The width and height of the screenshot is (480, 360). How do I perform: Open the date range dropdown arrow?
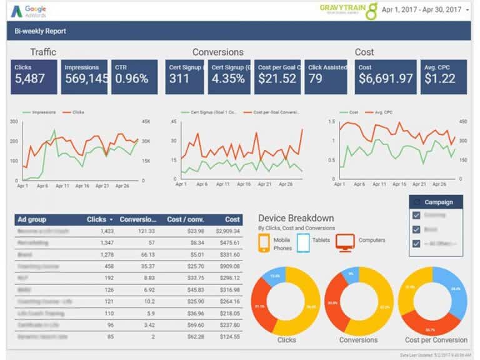tap(467, 11)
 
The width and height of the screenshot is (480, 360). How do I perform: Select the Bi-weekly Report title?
tap(41, 31)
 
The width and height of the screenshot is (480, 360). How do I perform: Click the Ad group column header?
tap(32, 219)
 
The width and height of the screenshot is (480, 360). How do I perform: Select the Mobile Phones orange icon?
tap(265, 241)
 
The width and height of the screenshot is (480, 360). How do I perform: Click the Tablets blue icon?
tap(303, 241)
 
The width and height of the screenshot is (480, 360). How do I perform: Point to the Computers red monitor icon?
tap(344, 241)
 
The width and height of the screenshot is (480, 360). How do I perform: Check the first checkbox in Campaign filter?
tap(417, 215)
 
